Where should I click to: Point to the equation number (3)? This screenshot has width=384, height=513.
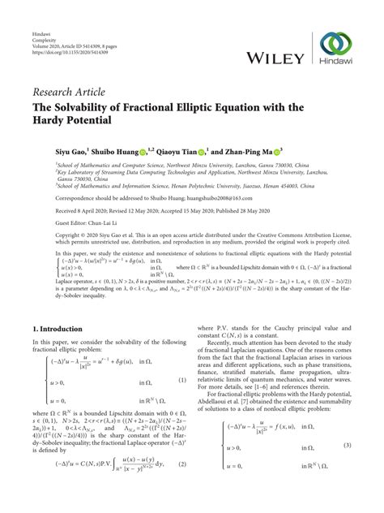347,468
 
